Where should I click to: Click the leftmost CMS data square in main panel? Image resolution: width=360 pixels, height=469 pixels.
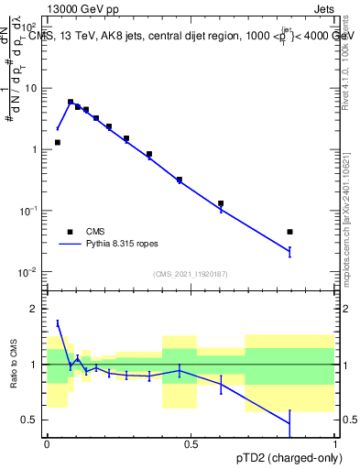point(58,142)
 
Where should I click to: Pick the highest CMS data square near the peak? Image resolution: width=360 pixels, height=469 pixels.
point(71,102)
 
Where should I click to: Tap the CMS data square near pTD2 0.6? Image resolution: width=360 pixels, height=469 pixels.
point(221,203)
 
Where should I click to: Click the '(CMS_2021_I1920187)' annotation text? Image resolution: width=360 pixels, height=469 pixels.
point(191,274)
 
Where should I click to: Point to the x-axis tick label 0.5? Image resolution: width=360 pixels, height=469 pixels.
point(191,444)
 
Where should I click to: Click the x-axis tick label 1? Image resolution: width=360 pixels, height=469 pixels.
point(334,444)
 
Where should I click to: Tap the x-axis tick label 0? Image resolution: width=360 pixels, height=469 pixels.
point(47,444)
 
